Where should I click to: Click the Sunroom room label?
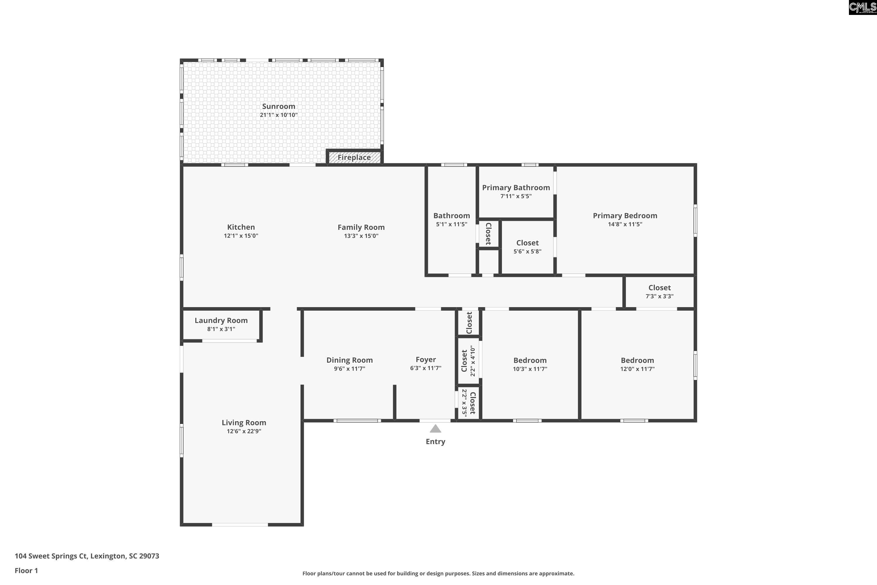279,106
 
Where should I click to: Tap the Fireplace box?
354,157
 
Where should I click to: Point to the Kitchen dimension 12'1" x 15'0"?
241,236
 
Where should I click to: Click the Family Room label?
361,227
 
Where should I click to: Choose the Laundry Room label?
221,321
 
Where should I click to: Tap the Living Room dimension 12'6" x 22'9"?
244,431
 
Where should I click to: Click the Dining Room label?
349,360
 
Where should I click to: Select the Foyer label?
426,360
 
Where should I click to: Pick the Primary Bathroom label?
516,188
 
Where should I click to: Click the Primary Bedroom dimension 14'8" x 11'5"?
625,224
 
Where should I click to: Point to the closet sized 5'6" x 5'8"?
527,247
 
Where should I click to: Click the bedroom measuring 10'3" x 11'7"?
530,364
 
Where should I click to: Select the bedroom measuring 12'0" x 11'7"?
637,364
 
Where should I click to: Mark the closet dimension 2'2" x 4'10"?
473,361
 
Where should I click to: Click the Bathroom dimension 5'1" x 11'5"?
452,224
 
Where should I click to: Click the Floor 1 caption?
26,570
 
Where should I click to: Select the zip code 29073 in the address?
149,556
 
